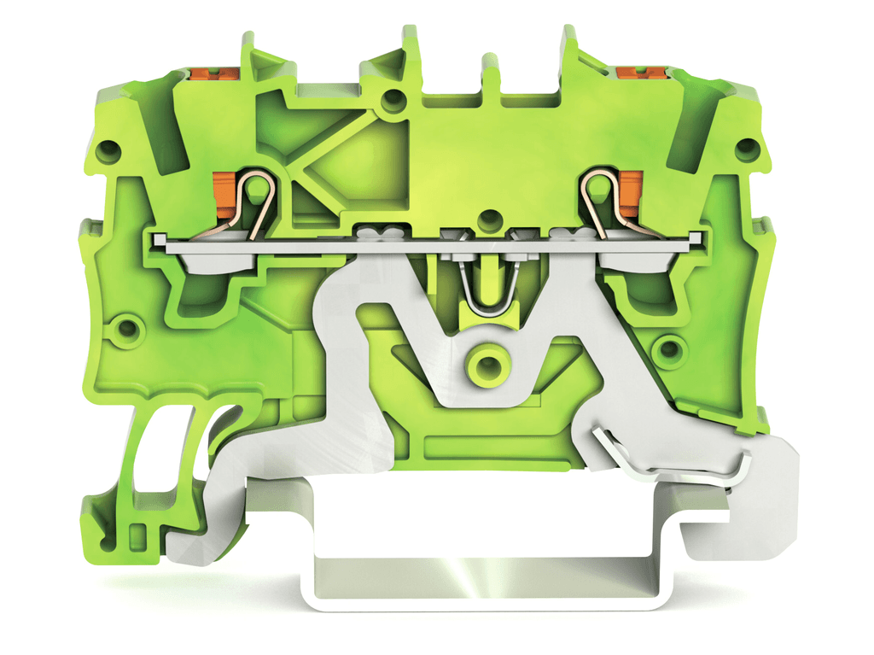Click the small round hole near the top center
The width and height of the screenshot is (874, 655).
[x=393, y=101]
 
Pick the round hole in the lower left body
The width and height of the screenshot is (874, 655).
[x=129, y=328]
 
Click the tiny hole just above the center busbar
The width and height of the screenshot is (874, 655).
[x=490, y=217]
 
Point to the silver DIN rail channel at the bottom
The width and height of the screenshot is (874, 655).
[x=487, y=581]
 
